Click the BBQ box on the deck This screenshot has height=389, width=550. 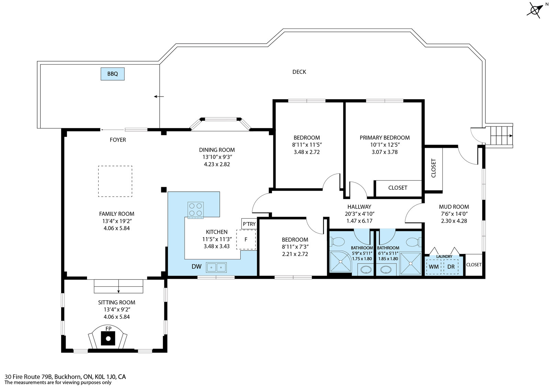point(112,74)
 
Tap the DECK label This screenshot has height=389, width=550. point(299,72)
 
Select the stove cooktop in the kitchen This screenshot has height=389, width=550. point(195,210)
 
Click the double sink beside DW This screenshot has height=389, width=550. point(216,267)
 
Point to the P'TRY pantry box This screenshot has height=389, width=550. point(249,224)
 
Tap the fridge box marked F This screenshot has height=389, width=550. point(246,240)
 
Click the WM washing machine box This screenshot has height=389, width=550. point(433,267)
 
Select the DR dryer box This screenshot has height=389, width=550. point(451,267)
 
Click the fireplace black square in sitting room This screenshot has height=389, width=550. point(108,339)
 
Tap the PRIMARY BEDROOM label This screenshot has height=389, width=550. point(385,138)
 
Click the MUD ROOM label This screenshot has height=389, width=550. point(454,207)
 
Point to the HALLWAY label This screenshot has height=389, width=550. point(359,207)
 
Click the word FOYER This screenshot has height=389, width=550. point(118,140)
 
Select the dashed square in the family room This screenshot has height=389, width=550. point(115,181)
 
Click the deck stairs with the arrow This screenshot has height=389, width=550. point(501,135)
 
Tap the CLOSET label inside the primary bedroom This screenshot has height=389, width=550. point(398,188)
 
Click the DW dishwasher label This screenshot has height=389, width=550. point(196,267)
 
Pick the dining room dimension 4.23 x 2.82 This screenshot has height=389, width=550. point(217,164)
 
